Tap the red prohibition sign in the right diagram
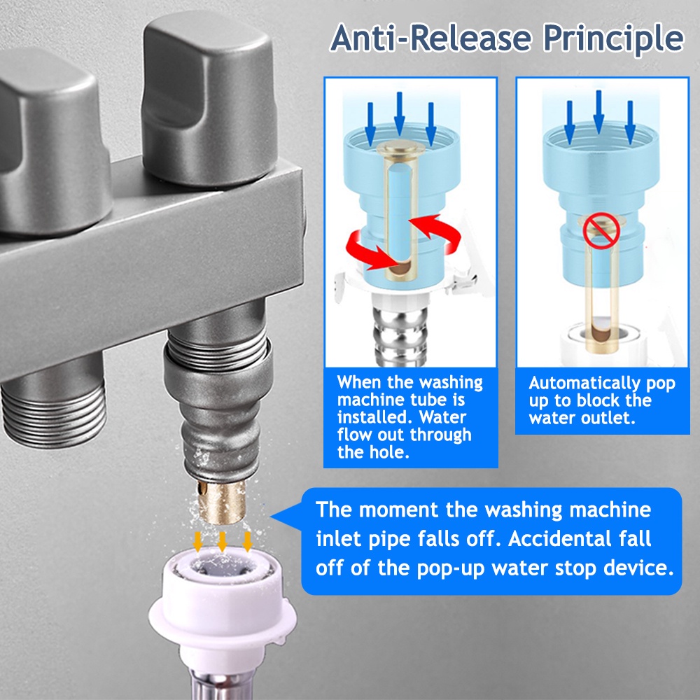[x=601, y=230]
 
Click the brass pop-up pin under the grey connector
[x=222, y=502]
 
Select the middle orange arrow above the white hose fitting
[x=222, y=541]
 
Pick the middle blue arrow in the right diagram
[x=598, y=111]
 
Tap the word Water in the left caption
[x=442, y=417]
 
